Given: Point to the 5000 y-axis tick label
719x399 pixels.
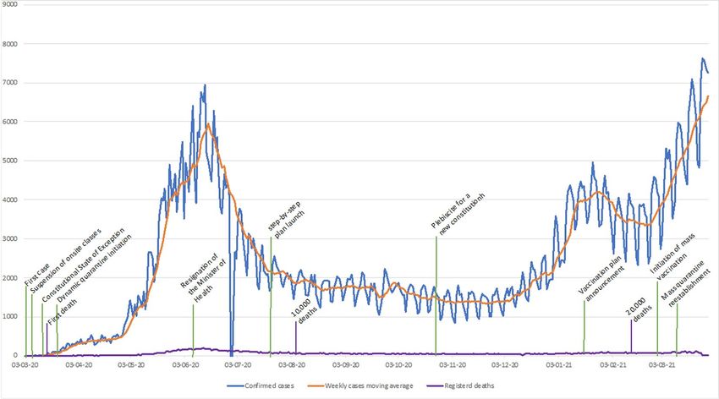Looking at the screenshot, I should [x=9, y=160].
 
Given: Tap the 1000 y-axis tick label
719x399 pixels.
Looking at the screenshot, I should [x=9, y=316].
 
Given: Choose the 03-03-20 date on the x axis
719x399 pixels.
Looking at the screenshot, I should [x=25, y=365].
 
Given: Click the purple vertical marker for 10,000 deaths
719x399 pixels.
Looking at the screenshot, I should [x=296, y=336].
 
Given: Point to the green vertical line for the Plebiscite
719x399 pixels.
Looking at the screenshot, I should [x=436, y=296].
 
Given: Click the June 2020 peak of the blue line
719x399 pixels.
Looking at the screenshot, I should [x=205, y=85].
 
